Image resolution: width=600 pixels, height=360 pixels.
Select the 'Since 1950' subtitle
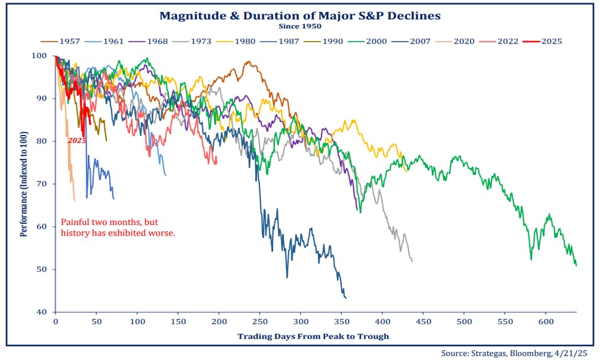click(x=299, y=27)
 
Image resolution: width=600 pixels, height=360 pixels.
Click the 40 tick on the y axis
click(x=44, y=312)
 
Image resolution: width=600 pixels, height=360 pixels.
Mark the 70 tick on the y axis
click(x=44, y=184)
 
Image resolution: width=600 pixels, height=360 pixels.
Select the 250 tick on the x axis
click(x=260, y=322)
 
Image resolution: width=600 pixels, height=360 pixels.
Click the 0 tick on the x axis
click(x=55, y=322)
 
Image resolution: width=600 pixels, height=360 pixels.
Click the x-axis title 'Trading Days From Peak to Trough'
click(x=313, y=336)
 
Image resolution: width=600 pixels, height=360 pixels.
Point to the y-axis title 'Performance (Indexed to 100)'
click(x=25, y=184)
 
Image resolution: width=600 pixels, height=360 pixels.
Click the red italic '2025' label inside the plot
click(x=77, y=140)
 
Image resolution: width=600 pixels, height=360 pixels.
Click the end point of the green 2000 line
click(x=576, y=266)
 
